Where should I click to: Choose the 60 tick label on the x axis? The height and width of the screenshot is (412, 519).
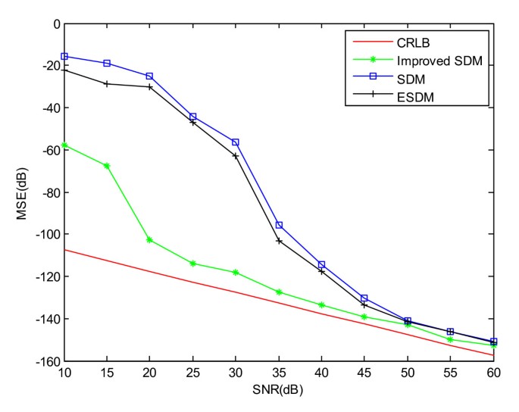(x=493, y=372)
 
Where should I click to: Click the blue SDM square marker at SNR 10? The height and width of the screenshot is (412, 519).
(x=64, y=56)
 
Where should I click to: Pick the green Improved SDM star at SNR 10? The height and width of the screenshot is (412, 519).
(x=64, y=145)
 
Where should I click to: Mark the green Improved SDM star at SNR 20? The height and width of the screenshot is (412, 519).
(x=150, y=240)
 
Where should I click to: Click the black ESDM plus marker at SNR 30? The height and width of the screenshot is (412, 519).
(x=236, y=156)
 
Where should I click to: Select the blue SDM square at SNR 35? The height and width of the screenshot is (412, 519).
(x=279, y=225)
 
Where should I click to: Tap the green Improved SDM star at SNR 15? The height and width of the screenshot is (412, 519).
(x=107, y=166)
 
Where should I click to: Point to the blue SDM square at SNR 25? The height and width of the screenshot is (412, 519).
(x=193, y=117)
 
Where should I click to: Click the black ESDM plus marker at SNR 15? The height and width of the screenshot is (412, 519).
(x=107, y=83)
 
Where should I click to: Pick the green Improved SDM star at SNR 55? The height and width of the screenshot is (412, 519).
(x=450, y=339)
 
